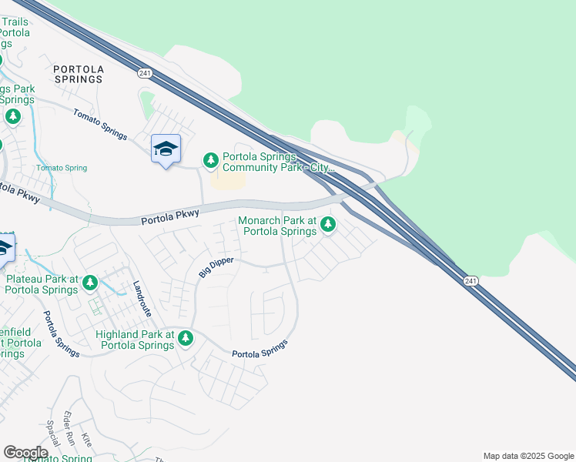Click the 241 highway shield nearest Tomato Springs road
pos(145,73)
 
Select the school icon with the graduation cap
pos(166,149)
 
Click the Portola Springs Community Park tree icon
pos(210,159)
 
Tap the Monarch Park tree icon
pos(328,224)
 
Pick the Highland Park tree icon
pos(185,337)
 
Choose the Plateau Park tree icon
pos(90,283)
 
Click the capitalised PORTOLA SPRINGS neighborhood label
pos(78,73)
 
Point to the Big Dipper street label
pos(216,267)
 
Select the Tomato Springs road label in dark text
pos(100,123)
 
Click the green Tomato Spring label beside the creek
pos(62,168)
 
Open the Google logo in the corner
pos(25,452)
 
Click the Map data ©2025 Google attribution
pos(527,456)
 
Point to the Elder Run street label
pos(69,425)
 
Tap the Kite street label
pos(86,440)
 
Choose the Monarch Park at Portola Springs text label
pos(277,226)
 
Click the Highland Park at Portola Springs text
pos(135,340)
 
